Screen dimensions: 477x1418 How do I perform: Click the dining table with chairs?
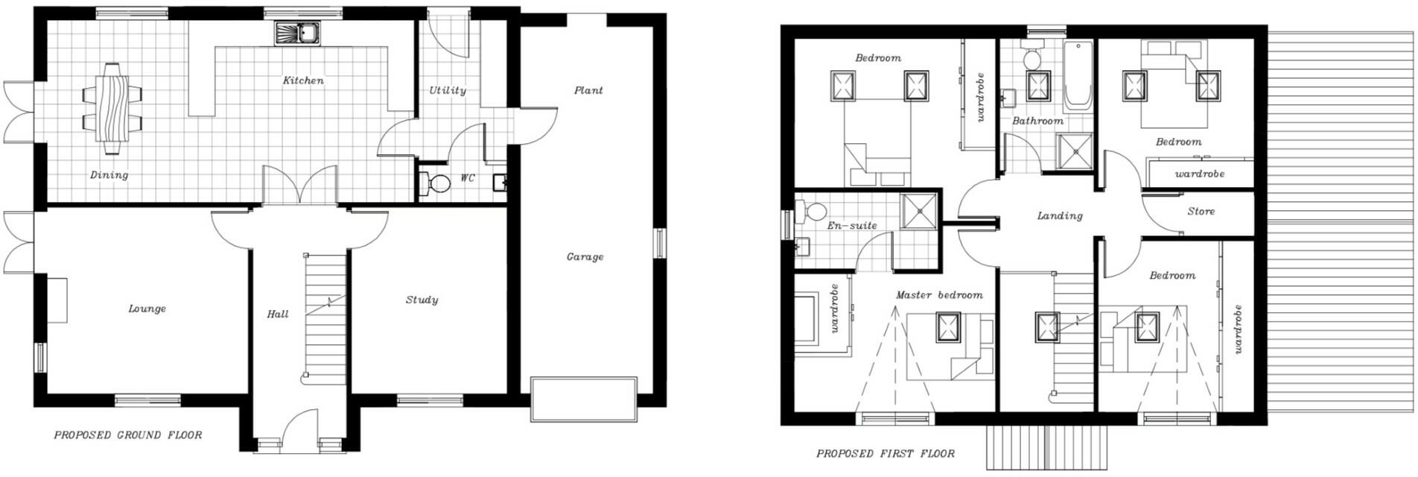point(112,109)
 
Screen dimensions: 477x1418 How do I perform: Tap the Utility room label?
point(448,90)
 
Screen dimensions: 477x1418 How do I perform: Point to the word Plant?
point(588,90)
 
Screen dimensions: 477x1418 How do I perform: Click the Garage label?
point(585,256)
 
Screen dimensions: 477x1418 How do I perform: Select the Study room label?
point(422,300)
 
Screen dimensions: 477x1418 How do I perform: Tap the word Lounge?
point(147,309)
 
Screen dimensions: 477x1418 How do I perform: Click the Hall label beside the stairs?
point(278,314)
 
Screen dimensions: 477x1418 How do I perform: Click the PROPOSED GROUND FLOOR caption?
point(127,435)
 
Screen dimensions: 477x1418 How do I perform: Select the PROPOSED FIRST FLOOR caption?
point(885,453)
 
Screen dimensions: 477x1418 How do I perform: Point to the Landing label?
point(1059,215)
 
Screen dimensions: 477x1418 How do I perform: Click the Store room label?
point(1201,211)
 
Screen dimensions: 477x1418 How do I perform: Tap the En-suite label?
point(852,224)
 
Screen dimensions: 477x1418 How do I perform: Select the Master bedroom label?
point(938,294)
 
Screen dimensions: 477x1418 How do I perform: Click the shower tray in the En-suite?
point(919,210)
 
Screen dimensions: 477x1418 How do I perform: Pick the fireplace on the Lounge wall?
point(57,300)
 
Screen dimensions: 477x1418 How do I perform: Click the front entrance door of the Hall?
point(300,430)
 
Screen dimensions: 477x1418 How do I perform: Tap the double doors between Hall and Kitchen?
point(300,185)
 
